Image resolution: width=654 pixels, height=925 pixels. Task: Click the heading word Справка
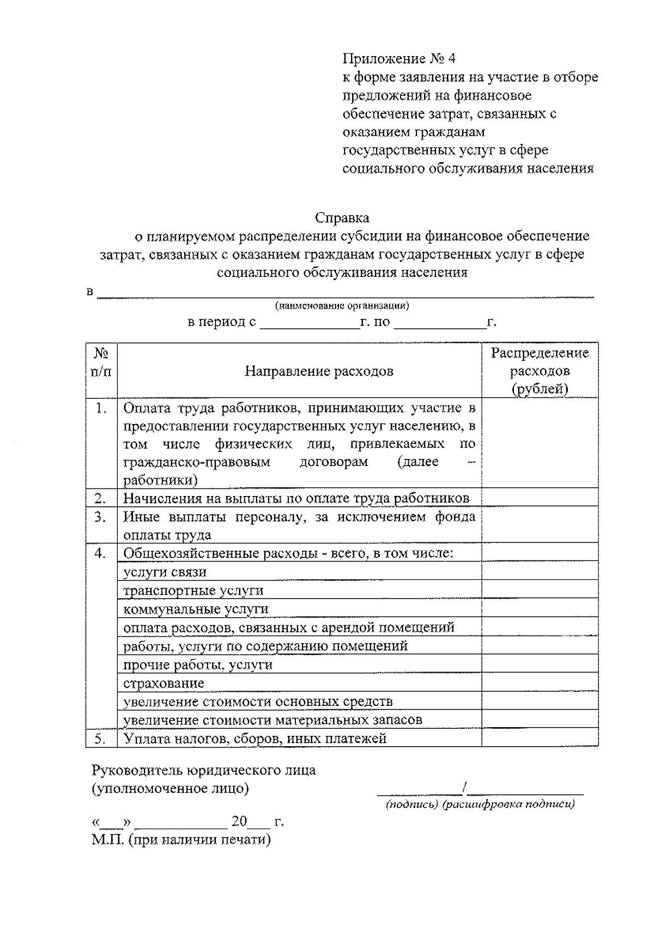click(342, 218)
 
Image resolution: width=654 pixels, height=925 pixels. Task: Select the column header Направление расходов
click(319, 372)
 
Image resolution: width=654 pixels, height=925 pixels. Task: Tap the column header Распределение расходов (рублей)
click(540, 371)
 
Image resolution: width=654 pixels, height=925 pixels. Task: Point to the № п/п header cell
click(101, 363)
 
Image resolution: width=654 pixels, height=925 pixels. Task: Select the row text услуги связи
click(165, 572)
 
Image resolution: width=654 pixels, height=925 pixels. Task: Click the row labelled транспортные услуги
click(193, 591)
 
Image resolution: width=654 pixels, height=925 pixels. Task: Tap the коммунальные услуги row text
click(196, 609)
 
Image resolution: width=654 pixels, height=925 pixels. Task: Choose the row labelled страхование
click(164, 684)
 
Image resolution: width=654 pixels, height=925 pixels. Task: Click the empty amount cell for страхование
click(540, 683)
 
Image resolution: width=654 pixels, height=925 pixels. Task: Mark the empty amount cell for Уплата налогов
click(540, 739)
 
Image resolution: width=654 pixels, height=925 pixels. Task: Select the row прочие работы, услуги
click(198, 665)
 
